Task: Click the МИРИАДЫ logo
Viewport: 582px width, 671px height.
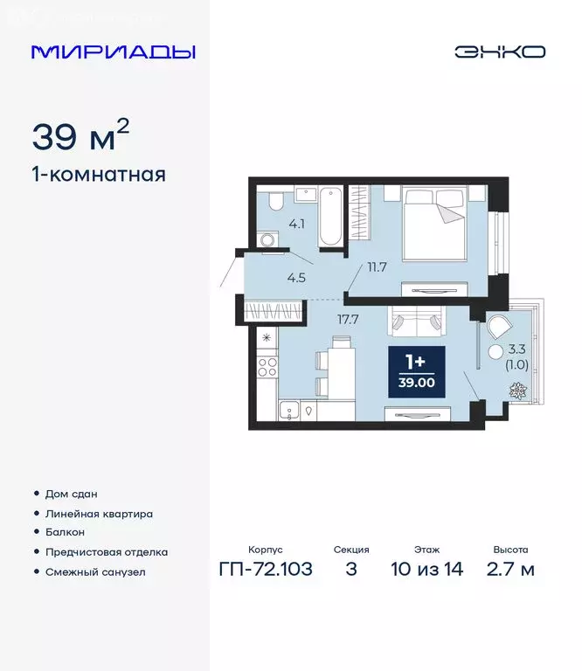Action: tap(114, 52)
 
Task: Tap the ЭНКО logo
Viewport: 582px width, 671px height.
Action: tap(500, 52)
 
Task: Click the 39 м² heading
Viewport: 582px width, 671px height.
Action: tap(81, 136)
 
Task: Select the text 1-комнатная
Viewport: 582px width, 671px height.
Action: tap(99, 175)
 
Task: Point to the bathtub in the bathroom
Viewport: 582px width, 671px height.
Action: tap(329, 216)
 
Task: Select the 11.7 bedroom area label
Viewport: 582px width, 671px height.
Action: tap(378, 266)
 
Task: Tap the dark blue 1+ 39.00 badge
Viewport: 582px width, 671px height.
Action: tap(416, 371)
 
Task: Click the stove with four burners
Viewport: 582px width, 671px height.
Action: tap(267, 366)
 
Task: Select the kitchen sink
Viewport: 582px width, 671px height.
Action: tap(288, 410)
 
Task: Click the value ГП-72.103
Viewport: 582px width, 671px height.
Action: tap(267, 571)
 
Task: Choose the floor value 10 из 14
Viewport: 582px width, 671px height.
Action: tap(427, 571)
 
